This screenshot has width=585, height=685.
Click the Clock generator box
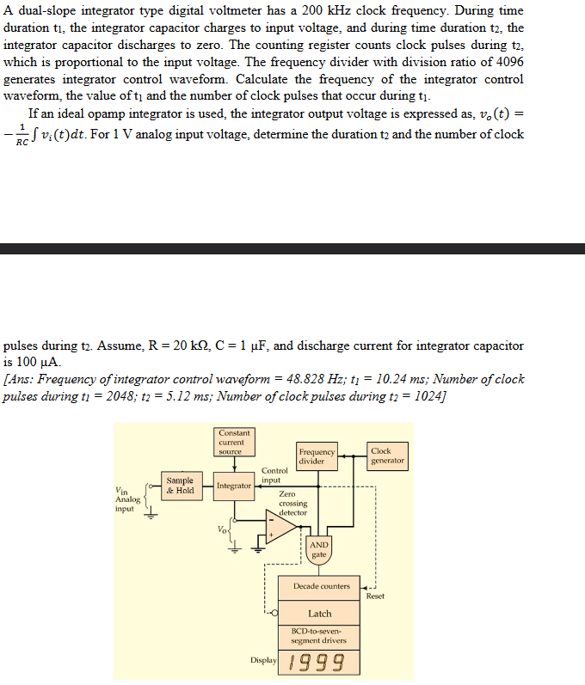pyautogui.click(x=386, y=456)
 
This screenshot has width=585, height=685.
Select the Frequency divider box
pyautogui.click(x=316, y=456)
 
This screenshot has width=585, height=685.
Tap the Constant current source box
pyautogui.click(x=234, y=443)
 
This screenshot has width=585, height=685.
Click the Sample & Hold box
pyautogui.click(x=180, y=486)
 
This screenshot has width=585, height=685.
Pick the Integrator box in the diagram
pyautogui.click(x=234, y=486)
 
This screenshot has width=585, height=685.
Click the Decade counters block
pyautogui.click(x=320, y=587)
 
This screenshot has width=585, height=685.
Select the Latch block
pyautogui.click(x=320, y=614)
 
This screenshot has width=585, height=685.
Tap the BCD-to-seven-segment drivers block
pyautogui.click(x=320, y=636)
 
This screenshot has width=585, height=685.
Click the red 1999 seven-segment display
pyautogui.click(x=317, y=663)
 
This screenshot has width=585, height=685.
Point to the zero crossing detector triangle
pyautogui.click(x=280, y=527)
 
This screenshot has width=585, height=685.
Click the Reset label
pyautogui.click(x=375, y=596)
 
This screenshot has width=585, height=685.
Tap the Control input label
pyautogui.click(x=274, y=475)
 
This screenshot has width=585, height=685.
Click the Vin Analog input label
pyautogui.click(x=126, y=500)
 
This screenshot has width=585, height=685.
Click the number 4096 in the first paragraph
pyautogui.click(x=505, y=63)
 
